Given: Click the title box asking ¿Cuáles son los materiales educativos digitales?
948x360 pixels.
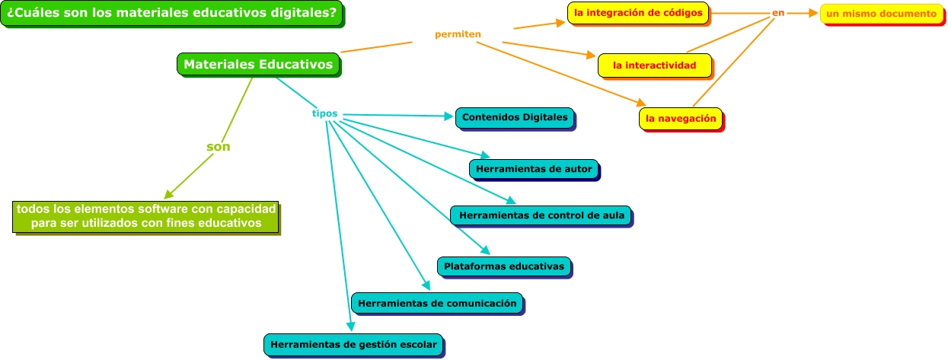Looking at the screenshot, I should click(171, 14).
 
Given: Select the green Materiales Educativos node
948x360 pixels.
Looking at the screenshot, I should click(258, 65).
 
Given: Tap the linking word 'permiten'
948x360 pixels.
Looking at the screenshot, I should click(458, 34).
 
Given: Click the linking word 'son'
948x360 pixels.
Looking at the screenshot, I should click(219, 146).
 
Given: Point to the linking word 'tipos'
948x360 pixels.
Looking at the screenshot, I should click(324, 113).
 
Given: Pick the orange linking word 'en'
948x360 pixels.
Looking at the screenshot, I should click(777, 13).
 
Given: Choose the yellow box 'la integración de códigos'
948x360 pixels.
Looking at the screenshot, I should click(638, 13).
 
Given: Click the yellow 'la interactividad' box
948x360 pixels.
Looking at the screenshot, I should click(654, 65).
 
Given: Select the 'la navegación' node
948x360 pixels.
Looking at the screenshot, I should click(681, 119).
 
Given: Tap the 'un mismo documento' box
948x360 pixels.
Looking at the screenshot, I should click(881, 14).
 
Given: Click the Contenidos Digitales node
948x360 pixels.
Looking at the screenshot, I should click(515, 117).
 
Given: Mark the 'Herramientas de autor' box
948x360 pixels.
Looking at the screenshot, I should click(533, 169).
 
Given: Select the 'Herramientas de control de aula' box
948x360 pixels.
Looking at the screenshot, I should click(541, 215).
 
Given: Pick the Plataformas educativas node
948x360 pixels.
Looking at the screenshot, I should click(504, 266).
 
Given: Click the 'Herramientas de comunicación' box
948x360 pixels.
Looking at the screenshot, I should click(437, 303).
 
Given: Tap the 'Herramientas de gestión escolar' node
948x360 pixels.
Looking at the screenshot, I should click(353, 344).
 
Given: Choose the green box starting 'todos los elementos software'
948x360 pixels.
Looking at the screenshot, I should click(145, 215).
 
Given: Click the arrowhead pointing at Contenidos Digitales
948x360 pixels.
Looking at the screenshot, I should click(449, 117).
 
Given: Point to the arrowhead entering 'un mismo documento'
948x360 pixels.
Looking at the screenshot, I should click(814, 13).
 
